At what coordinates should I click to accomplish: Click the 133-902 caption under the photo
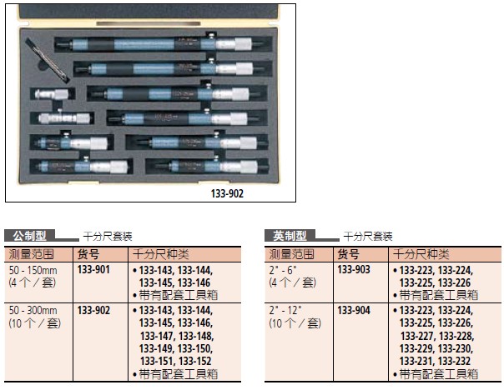tap(227, 193)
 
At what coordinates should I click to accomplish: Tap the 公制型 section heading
tap(29, 236)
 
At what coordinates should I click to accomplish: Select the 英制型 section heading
tap(290, 236)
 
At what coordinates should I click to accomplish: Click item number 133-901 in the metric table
tap(93, 270)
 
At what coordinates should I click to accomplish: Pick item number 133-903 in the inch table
tap(354, 270)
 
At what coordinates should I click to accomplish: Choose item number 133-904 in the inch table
tap(354, 310)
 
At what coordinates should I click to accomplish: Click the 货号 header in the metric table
tap(88, 254)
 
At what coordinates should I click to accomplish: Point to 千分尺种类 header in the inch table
tap(421, 254)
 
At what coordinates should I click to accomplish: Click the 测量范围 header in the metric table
tap(31, 254)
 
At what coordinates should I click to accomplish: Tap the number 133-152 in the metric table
tap(195, 361)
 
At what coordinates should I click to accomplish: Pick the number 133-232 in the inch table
tap(454, 361)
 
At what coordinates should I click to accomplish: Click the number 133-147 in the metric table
tap(157, 336)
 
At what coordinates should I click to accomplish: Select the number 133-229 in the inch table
tap(416, 348)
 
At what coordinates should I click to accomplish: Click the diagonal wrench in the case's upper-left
tap(48, 61)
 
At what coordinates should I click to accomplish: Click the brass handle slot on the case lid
tap(149, 24)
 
